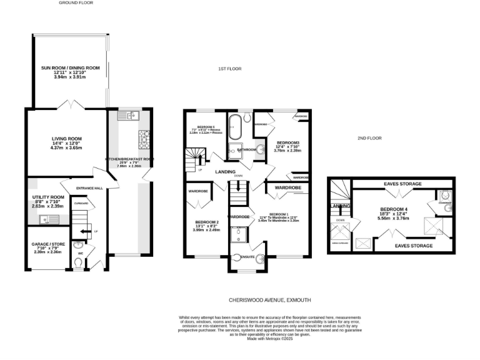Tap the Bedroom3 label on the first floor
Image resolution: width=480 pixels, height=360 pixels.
pos(289,142)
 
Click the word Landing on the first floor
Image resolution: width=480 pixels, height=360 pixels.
pos(225,171)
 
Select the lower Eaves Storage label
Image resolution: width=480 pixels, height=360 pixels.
pos(414,246)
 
